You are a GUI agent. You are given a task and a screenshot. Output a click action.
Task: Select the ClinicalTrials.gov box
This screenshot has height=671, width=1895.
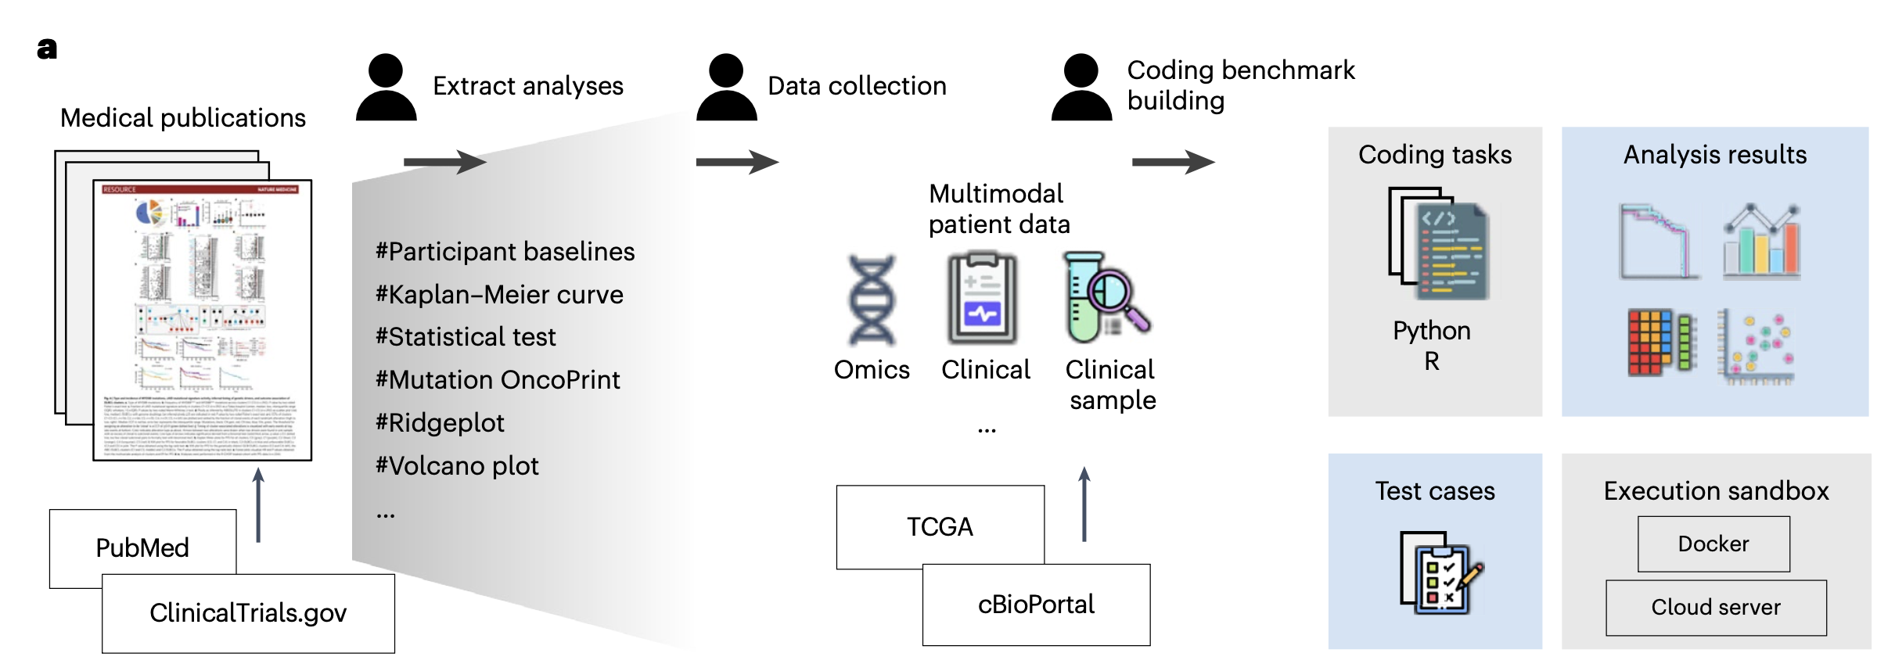[248, 613]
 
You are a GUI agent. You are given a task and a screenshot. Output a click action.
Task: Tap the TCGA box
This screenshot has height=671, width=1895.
[940, 526]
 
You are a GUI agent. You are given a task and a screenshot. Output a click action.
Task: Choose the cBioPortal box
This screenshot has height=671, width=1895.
[1036, 605]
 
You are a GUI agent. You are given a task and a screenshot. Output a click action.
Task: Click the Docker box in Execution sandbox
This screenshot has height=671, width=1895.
[1713, 544]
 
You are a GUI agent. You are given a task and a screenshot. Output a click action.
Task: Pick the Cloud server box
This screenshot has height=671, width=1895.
[1716, 608]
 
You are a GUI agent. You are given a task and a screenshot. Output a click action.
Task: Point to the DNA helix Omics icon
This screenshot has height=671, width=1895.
[872, 300]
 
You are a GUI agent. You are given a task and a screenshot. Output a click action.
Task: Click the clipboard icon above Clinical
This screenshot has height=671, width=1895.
[983, 299]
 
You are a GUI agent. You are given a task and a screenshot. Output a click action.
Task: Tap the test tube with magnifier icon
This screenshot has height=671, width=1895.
[1106, 298]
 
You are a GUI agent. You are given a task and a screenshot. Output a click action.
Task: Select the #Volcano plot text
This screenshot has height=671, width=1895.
[458, 465]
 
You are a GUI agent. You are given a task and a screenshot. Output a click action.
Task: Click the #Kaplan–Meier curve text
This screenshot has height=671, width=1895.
[499, 294]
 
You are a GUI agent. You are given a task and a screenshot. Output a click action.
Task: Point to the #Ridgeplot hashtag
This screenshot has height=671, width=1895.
[440, 422]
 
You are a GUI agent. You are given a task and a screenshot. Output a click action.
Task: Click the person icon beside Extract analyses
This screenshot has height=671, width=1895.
[386, 87]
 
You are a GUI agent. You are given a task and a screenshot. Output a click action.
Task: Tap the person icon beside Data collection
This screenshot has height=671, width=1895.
[726, 87]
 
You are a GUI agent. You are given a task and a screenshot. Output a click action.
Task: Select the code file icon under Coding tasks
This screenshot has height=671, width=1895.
[1439, 244]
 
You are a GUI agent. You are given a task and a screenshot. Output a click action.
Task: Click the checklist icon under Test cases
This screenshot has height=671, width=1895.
[1440, 572]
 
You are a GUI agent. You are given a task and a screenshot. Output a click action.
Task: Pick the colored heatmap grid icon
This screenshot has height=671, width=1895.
[1660, 342]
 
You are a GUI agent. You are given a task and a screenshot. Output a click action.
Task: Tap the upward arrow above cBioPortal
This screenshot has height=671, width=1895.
[1084, 504]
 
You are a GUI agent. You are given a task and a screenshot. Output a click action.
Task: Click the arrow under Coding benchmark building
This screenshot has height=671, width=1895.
[1173, 162]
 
